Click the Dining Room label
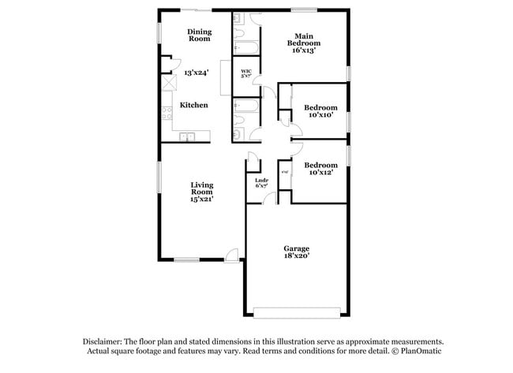tap(199, 35)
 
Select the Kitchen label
tap(194, 105)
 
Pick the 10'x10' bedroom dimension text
tap(321, 115)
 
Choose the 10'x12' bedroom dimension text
tap(322, 171)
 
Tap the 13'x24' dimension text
tap(195, 72)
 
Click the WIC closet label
tap(245, 72)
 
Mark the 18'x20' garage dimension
tap(297, 256)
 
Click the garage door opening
tap(297, 309)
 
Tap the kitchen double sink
tap(188, 138)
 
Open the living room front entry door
tap(232, 255)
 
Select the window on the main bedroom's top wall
tap(303, 9)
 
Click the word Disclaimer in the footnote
tap(103, 341)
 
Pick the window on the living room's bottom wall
tap(186, 259)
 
